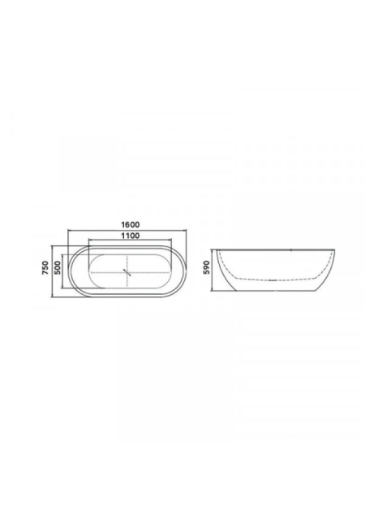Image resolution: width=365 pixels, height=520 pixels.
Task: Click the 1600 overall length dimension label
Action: (130, 224)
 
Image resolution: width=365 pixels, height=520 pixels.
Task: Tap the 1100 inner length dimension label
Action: (130, 236)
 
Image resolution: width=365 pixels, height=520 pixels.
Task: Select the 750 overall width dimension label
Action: (45, 268)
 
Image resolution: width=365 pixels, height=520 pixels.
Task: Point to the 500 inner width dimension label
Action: (57, 268)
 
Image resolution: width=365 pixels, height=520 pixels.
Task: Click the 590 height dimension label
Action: (207, 267)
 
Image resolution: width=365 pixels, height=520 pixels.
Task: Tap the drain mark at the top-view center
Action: (127, 272)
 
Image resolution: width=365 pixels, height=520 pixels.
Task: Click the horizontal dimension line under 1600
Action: (127, 229)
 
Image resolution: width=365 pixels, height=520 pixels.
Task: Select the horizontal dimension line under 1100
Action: (130, 240)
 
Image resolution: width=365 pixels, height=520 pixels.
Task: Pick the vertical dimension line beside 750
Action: (53, 271)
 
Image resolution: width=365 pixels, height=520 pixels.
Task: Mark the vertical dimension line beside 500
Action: (63, 271)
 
